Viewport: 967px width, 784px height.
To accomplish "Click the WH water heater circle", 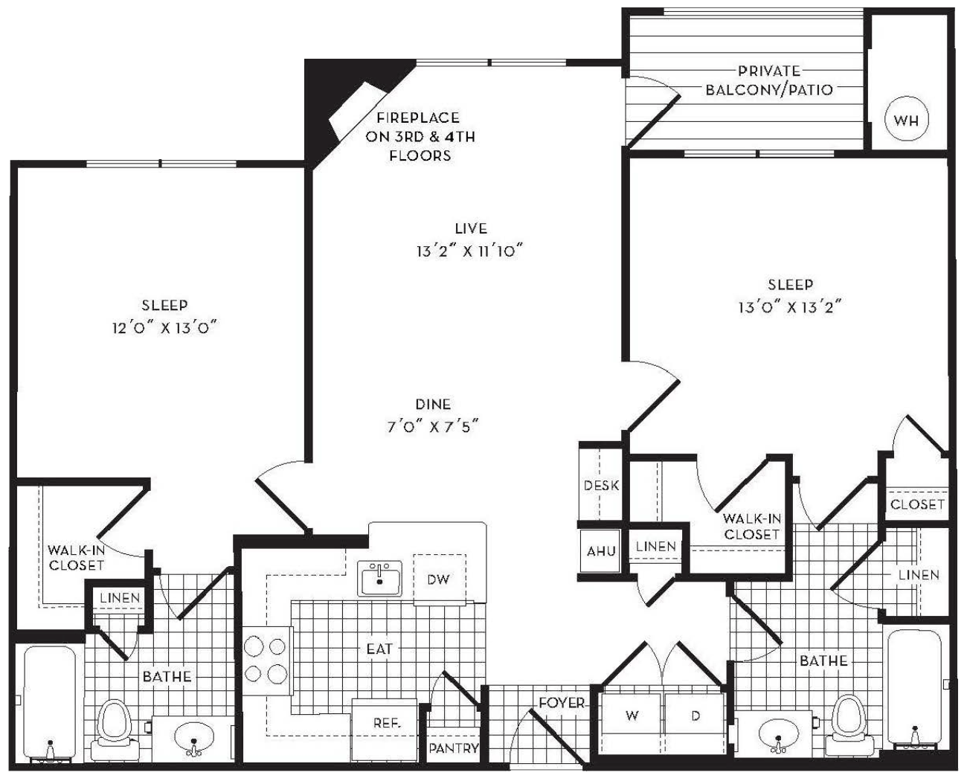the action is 907,120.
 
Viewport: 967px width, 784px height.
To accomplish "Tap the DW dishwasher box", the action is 439,579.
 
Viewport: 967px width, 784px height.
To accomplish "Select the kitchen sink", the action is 379,578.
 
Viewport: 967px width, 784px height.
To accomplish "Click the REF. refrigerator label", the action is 387,722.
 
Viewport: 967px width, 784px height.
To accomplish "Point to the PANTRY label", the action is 454,748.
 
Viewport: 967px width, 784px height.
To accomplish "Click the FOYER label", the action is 562,703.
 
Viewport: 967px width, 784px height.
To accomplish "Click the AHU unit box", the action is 600,550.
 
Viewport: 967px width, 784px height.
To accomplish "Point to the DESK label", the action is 601,485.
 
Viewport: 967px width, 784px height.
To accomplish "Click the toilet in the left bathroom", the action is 114,730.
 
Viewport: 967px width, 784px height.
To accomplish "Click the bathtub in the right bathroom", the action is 914,690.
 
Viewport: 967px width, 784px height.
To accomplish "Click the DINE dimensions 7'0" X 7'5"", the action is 433,427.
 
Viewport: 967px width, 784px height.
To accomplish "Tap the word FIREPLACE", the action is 418,118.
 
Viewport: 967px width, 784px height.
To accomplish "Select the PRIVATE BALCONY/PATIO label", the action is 769,80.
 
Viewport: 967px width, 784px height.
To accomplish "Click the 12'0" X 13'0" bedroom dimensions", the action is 164,327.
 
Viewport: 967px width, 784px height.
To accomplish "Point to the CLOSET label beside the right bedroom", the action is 917,504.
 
